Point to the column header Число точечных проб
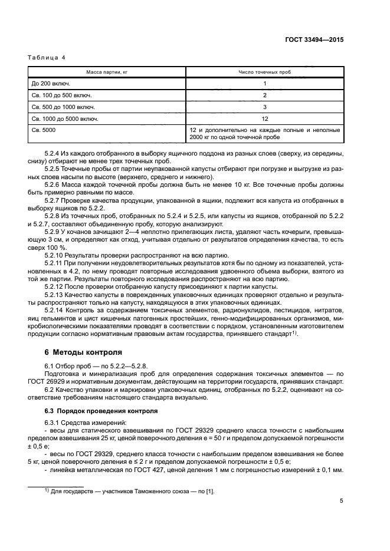[x=265, y=72]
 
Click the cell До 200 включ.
[x=50, y=84]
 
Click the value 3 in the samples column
[x=265, y=107]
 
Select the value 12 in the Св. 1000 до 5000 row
[x=265, y=118]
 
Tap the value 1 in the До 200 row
[x=265, y=84]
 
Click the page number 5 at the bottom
[x=342, y=501]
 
